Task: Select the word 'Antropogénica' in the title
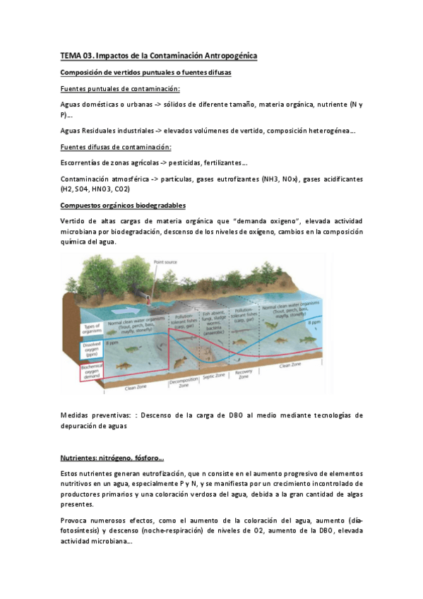(223, 55)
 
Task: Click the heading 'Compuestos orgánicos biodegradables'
(123, 205)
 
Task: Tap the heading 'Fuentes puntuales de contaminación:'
(120, 88)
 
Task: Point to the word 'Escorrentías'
(81, 162)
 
